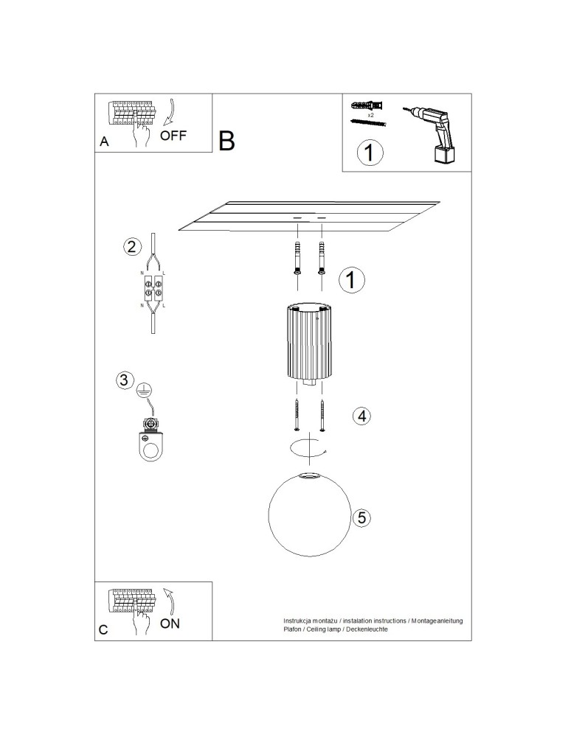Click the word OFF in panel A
[173, 136]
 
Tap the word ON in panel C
[170, 624]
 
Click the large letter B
[226, 140]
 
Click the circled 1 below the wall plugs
[370, 153]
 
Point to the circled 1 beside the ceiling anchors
[351, 279]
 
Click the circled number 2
[132, 247]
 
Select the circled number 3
[125, 381]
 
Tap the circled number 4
[361, 416]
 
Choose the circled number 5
[361, 518]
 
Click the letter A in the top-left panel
[104, 143]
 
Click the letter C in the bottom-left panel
[104, 631]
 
